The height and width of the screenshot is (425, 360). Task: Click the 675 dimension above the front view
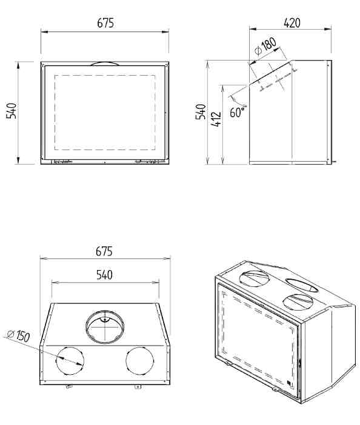point(105,23)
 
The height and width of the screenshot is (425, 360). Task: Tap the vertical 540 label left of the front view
point(12,111)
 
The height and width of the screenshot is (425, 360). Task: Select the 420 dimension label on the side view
point(292,23)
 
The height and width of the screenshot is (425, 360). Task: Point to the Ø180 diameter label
point(266,46)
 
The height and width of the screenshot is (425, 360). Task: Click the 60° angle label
point(238,112)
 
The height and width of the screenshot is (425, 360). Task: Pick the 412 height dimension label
point(216,119)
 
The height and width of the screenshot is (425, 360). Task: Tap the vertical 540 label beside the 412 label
point(201,111)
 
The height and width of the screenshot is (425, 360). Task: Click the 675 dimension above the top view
point(104,251)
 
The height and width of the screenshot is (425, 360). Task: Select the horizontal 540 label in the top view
point(104,275)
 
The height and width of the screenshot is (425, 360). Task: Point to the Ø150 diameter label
point(18,335)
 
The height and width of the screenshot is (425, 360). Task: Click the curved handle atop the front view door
point(105,63)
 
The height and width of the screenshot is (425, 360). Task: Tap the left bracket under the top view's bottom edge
point(68,386)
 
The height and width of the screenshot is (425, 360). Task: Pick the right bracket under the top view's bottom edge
point(138,386)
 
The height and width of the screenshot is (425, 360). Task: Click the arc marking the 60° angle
point(238,102)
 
